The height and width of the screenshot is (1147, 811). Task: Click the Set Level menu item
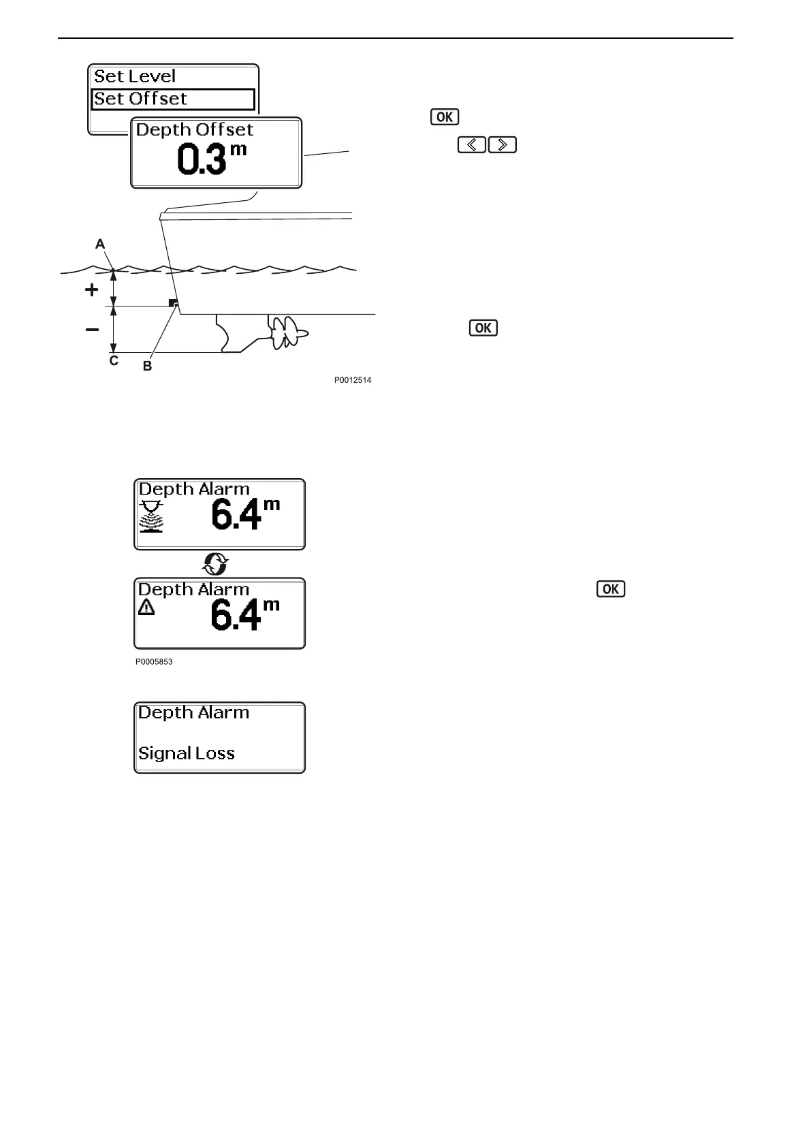click(x=135, y=76)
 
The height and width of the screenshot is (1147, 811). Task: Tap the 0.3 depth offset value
click(x=202, y=159)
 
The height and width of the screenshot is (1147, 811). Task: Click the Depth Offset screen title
click(x=195, y=129)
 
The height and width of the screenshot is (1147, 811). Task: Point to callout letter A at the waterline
click(x=100, y=244)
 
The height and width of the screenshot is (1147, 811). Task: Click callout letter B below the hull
click(x=147, y=366)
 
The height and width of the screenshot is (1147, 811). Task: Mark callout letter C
click(x=114, y=361)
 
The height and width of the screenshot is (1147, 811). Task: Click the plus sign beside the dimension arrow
click(x=91, y=290)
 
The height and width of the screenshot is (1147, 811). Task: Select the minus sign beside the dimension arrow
click(x=91, y=330)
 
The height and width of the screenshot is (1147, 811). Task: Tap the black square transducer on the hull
click(x=172, y=302)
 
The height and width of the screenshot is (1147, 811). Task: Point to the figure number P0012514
click(x=352, y=381)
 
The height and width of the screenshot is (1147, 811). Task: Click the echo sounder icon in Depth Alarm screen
click(x=151, y=516)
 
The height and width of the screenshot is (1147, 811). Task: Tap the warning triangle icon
click(x=146, y=608)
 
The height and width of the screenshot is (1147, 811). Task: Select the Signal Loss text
click(x=187, y=753)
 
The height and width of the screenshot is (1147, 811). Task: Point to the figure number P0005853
click(x=154, y=661)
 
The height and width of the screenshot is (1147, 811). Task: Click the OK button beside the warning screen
click(x=610, y=589)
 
